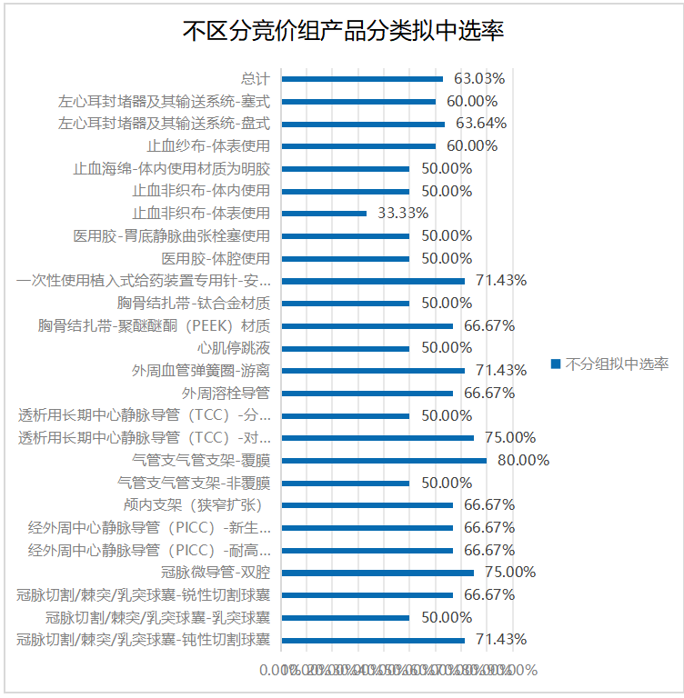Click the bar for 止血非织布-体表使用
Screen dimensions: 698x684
(x=324, y=214)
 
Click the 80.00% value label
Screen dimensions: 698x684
(x=523, y=461)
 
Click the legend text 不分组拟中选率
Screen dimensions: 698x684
(x=618, y=364)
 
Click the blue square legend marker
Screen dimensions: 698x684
(x=555, y=364)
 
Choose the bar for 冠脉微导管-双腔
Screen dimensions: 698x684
(x=377, y=573)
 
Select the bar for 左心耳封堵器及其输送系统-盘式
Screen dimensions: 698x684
(x=363, y=124)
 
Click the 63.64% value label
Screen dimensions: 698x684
(x=481, y=124)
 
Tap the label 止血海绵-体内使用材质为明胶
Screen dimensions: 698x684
(x=172, y=168)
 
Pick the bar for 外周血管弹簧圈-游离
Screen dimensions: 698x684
(x=373, y=371)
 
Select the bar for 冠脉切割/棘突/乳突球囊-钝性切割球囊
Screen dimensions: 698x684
(x=373, y=640)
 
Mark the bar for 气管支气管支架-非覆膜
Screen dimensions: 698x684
(x=346, y=483)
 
